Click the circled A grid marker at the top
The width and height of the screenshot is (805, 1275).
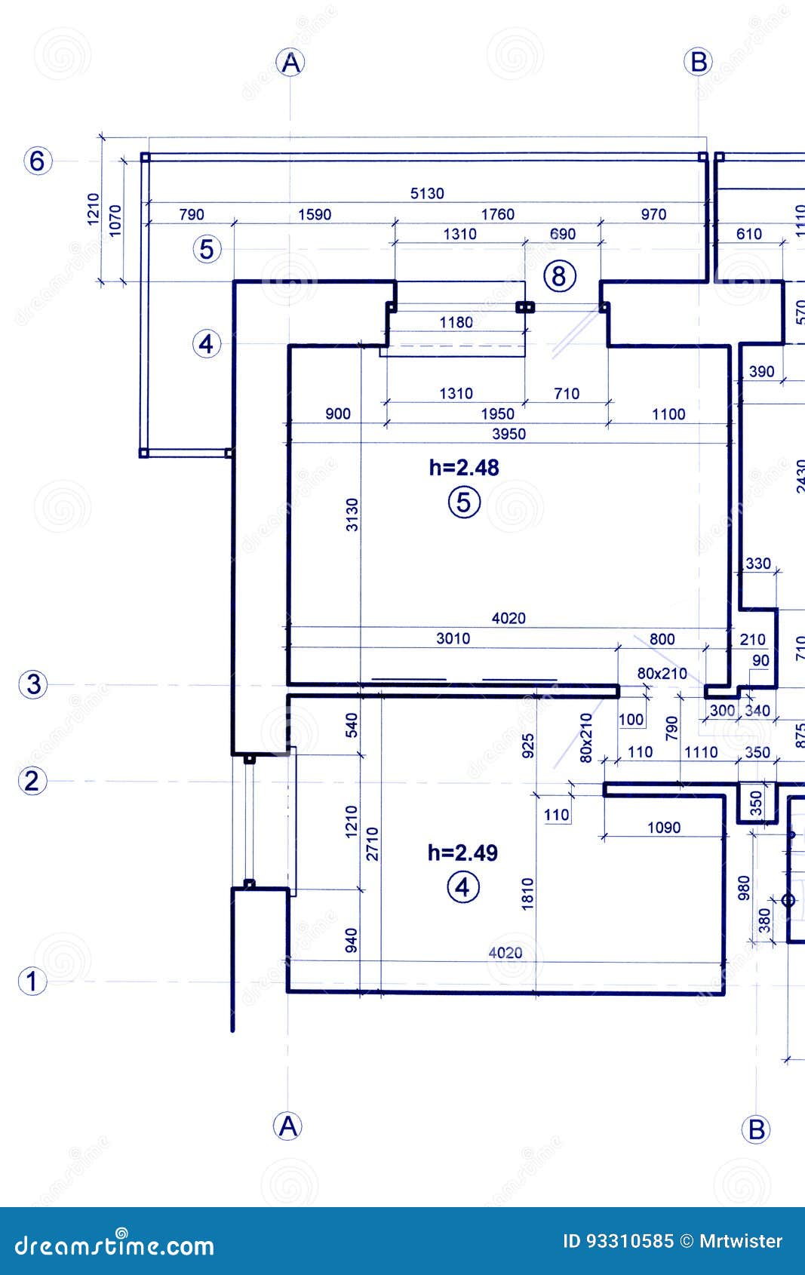coord(291,63)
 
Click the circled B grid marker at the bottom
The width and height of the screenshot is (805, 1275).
coord(756,1129)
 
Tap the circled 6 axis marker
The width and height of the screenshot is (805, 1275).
coord(38,161)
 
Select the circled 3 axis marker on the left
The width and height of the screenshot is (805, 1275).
coord(33,684)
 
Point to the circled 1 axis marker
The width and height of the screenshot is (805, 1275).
coord(32,982)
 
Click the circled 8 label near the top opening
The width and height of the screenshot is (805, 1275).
coord(559,276)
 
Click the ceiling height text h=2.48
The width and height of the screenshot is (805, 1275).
coord(464,468)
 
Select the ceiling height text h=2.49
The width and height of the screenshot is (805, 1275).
coord(462,853)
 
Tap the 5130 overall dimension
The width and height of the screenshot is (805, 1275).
coord(427,194)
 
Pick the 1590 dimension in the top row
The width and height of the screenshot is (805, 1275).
coord(315,214)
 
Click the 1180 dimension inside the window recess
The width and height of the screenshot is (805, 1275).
coord(456,323)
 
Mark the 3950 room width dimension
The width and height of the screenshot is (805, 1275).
coord(509,434)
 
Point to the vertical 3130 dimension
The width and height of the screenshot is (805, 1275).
coord(352,514)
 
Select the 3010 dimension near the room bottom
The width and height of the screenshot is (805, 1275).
coord(453,638)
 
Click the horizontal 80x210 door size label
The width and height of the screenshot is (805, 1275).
coord(662,673)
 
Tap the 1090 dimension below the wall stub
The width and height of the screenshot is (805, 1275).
coord(663,828)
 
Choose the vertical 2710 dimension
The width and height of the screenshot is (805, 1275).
coord(372,843)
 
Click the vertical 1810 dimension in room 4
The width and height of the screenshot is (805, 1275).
coord(527,893)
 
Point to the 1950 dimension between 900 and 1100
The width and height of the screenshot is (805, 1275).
coord(497,413)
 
